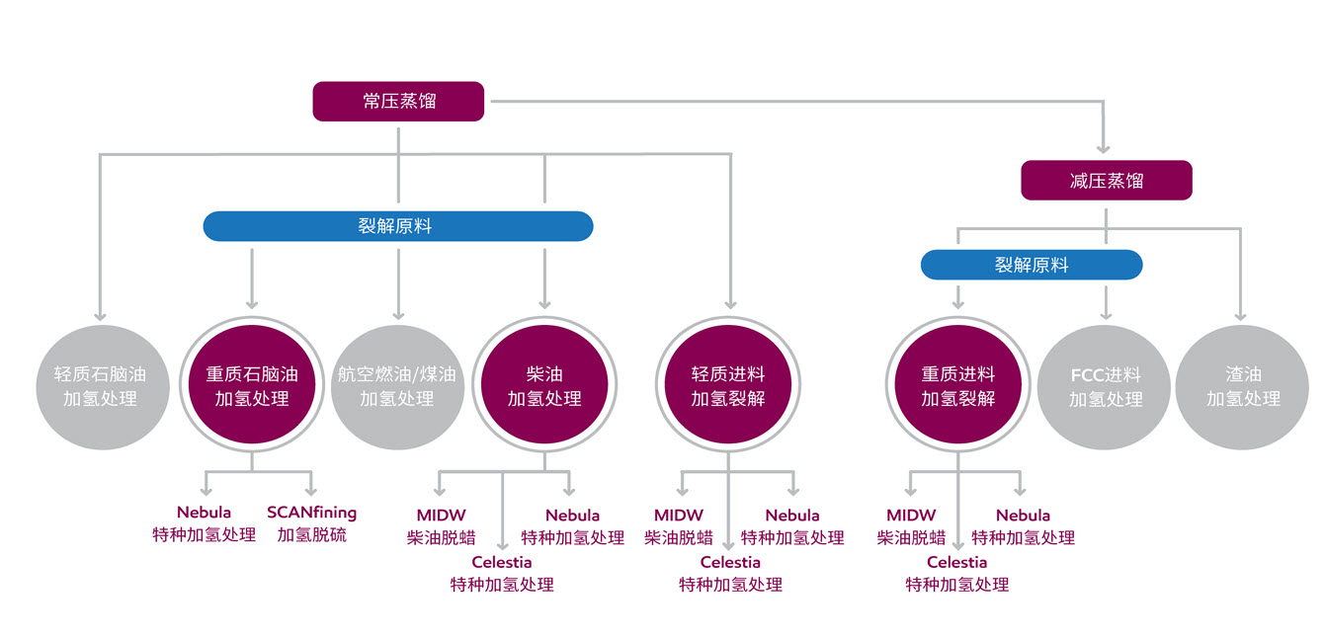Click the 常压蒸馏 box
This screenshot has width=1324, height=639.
pyautogui.click(x=398, y=102)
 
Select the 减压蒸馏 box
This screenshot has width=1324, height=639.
pyautogui.click(x=1107, y=180)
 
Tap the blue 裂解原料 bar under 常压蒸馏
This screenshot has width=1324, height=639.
pyautogui.click(x=398, y=226)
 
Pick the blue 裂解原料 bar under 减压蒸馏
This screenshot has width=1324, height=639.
pyautogui.click(x=1032, y=265)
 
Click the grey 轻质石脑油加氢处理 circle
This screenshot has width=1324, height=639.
pyautogui.click(x=102, y=387)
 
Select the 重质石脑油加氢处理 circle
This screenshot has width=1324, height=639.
pyautogui.click(x=252, y=384)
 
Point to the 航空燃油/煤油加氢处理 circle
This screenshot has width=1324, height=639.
pyautogui.click(x=397, y=387)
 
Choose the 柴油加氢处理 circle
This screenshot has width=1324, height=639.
pyautogui.click(x=544, y=384)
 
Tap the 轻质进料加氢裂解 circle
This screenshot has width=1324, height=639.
pyautogui.click(x=728, y=384)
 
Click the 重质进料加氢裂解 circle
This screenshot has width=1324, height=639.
pyautogui.click(x=958, y=384)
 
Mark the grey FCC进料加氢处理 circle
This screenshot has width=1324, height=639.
pyautogui.click(x=1104, y=387)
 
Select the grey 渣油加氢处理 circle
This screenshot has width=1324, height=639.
pyautogui.click(x=1242, y=387)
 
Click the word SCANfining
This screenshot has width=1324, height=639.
pyautogui.click(x=311, y=512)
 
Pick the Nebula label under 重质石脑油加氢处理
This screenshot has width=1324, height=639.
pyautogui.click(x=204, y=512)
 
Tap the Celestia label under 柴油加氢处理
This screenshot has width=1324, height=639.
pyautogui.click(x=502, y=562)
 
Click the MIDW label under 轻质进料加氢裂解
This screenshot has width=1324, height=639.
pyautogui.click(x=679, y=515)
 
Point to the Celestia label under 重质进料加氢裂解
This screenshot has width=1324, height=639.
pyautogui.click(x=957, y=562)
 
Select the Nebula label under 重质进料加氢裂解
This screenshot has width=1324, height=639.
pyautogui.click(x=1024, y=515)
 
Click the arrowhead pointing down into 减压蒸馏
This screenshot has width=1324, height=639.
pyautogui.click(x=1103, y=148)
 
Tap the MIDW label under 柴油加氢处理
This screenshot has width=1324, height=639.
pyautogui.click(x=441, y=515)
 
